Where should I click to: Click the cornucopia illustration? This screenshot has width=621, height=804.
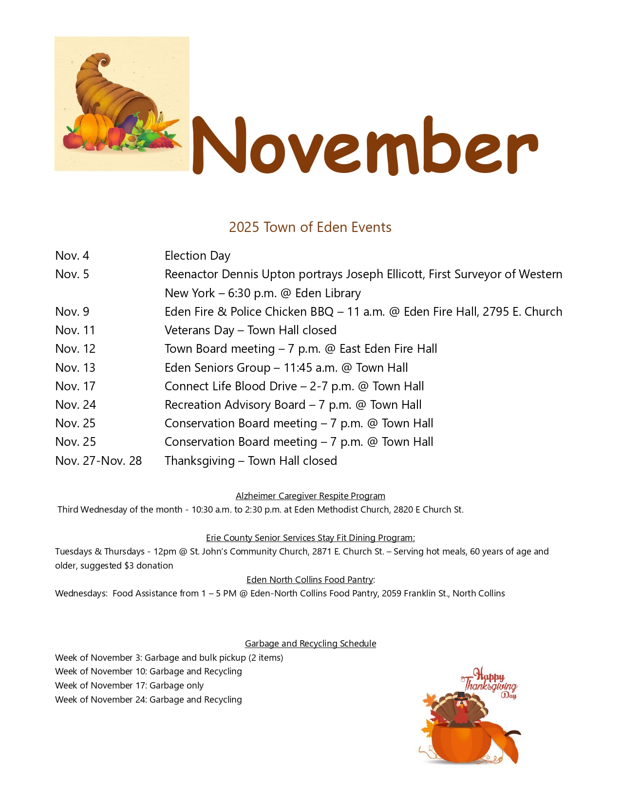(122, 104)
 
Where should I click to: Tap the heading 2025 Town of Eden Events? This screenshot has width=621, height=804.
(310, 227)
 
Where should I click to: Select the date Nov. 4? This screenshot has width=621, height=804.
(72, 256)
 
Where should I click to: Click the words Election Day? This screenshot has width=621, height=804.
(197, 256)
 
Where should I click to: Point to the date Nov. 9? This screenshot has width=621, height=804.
(72, 312)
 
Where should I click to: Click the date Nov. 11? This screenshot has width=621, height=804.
(75, 330)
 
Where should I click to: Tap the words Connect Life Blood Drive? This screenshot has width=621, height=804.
(230, 386)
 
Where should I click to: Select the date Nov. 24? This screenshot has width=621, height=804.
(75, 405)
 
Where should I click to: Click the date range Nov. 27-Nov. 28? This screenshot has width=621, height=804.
(98, 461)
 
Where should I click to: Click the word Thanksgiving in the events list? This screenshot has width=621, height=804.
(200, 461)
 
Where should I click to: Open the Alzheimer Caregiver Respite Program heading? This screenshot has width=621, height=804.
(310, 496)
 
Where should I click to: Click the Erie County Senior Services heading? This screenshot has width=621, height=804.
(310, 538)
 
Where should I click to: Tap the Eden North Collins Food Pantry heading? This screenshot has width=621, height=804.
(310, 580)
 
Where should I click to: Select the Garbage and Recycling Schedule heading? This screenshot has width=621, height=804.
(310, 644)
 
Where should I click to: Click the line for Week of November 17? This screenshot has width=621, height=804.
(129, 686)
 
